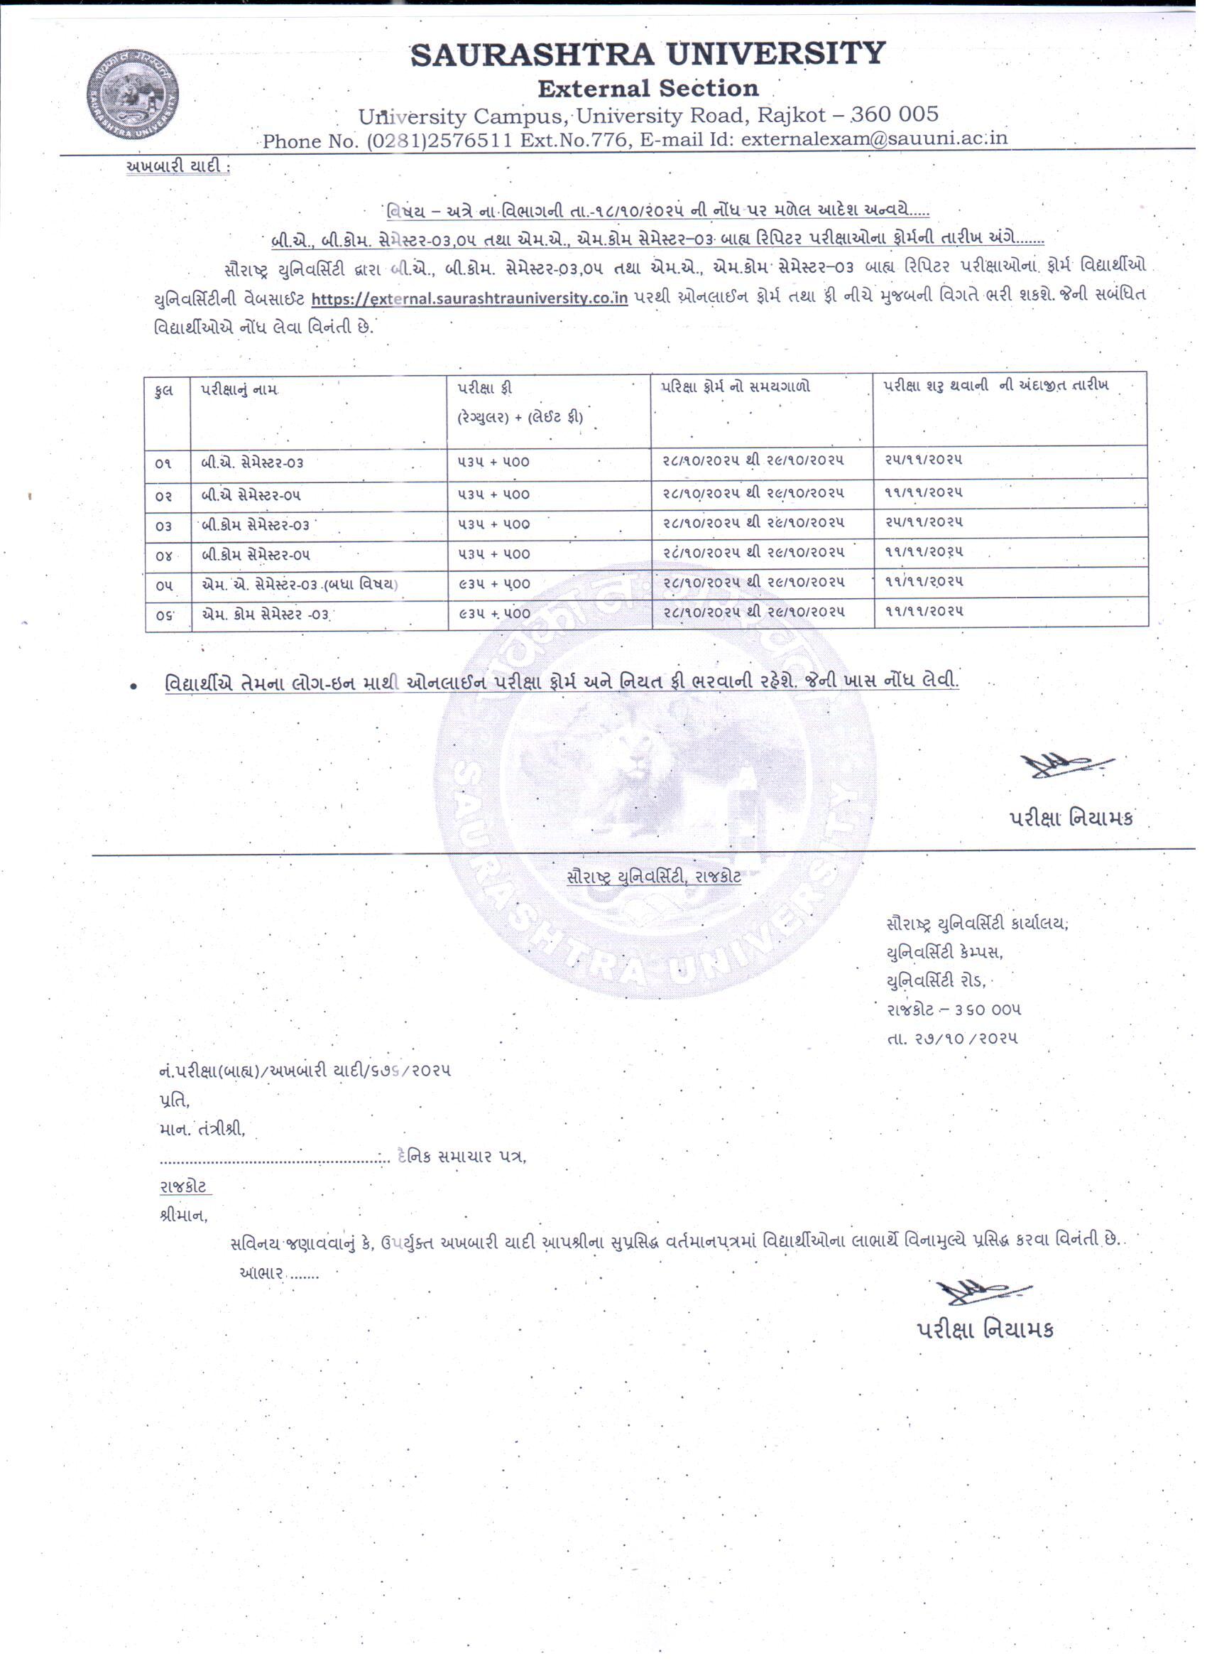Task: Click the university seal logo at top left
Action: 133,94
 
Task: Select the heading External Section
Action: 648,89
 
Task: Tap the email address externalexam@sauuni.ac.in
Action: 874,139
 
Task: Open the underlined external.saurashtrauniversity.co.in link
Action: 469,298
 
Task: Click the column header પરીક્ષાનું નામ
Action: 239,389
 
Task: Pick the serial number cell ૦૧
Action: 164,464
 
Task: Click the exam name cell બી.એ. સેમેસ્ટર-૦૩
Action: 253,463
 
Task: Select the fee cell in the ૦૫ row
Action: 494,585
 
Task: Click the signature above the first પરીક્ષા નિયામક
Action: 1066,765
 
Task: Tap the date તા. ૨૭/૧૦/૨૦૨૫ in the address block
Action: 951,1039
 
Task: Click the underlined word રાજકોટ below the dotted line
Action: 184,1186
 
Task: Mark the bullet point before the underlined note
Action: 133,686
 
